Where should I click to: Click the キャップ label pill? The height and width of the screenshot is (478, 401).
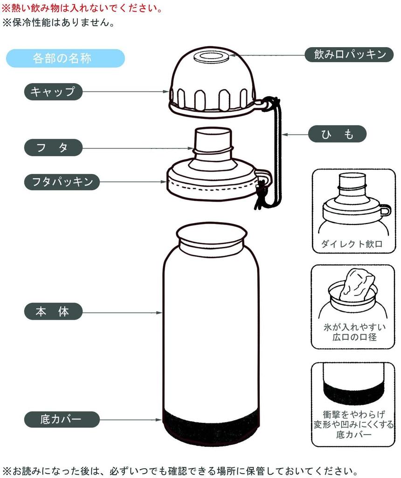(53, 91)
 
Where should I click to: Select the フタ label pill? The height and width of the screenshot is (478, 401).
(53, 148)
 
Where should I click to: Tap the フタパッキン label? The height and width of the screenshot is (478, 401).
(62, 182)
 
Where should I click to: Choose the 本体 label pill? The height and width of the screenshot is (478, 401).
(53, 311)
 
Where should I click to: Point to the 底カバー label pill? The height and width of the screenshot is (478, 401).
(62, 420)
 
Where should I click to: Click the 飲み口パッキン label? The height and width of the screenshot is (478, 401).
(349, 55)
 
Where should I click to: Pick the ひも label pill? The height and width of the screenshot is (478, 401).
(337, 134)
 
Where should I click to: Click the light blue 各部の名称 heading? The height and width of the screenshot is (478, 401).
(65, 58)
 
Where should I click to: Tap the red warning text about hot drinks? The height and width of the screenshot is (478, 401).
(82, 8)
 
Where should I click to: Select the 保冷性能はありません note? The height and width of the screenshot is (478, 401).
(58, 22)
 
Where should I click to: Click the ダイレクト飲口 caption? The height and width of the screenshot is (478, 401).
(352, 244)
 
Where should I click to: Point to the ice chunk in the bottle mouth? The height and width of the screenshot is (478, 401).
(358, 284)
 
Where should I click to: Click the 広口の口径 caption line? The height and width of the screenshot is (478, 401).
(354, 337)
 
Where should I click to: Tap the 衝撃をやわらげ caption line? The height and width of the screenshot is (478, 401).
(354, 415)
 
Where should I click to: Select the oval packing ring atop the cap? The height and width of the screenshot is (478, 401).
(212, 57)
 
